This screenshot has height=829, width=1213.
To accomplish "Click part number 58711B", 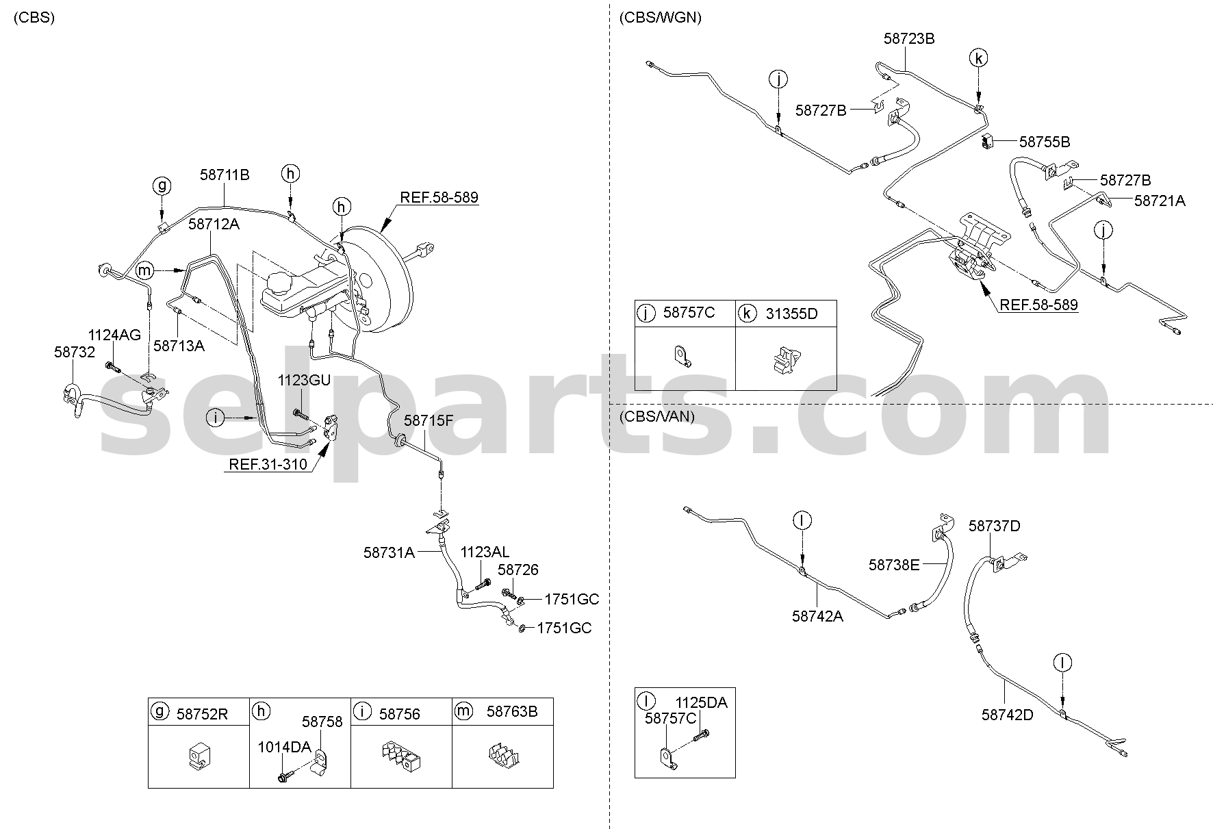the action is point(225,175).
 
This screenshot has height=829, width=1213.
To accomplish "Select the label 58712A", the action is point(214,224).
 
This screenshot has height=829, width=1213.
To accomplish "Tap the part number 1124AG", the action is point(114,335).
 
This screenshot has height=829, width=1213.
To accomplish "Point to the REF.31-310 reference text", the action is point(268,465).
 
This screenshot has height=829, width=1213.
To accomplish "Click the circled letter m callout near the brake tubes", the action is point(144,271).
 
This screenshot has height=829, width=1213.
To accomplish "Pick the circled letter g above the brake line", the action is point(162,186).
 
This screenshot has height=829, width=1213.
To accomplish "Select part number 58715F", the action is point(429,420).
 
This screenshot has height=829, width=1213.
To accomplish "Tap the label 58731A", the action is point(389,552).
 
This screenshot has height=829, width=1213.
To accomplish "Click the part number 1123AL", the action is point(485,552).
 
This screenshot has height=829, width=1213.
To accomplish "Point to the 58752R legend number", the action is point(202,715).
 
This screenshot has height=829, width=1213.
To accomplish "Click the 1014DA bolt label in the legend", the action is point(284,747).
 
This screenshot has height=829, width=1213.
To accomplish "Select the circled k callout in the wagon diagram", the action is point(979,59).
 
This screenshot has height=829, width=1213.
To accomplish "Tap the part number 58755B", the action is point(1045,142).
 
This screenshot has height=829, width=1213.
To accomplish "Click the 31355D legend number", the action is point(791,314).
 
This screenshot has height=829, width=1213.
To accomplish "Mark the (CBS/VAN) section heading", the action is point(656,416).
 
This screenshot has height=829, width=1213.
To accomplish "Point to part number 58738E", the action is point(894,565).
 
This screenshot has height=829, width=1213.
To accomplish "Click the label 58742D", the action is point(1007,715).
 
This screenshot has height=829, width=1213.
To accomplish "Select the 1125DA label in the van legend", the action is point(702,702).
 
